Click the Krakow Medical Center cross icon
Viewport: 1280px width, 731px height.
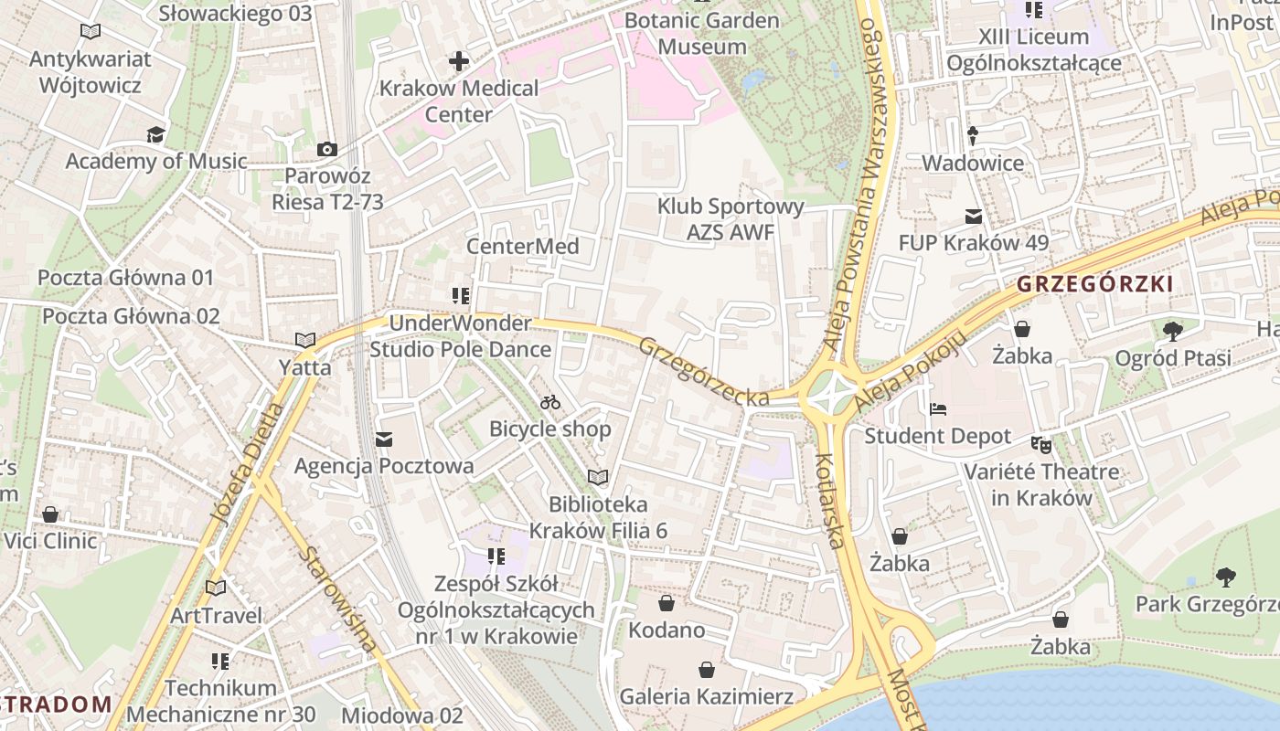pos(459,61)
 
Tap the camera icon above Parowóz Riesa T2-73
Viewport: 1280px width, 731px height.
pos(326,149)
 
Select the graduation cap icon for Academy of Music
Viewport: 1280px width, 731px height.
pos(155,135)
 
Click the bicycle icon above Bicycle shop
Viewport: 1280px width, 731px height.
pos(550,402)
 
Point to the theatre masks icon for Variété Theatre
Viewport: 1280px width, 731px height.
pos(1041,445)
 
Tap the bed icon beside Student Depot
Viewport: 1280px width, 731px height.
pos(938,409)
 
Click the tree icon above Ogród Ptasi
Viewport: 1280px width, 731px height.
pos(1173,331)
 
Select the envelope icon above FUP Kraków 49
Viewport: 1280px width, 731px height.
pos(973,217)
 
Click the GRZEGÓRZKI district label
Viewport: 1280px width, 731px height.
pos(1094,284)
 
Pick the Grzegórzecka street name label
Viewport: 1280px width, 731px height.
pos(703,372)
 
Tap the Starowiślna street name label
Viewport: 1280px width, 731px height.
pos(337,599)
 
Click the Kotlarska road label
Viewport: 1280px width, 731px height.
pos(829,501)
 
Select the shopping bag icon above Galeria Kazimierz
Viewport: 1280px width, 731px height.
pos(706,670)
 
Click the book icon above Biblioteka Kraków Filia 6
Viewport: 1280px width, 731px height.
pos(598,477)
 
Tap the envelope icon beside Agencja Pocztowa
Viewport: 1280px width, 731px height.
pos(384,440)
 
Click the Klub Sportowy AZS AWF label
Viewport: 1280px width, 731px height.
pos(731,219)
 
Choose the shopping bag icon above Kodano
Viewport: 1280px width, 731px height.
pos(667,603)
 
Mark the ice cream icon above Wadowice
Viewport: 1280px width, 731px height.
pos(972,136)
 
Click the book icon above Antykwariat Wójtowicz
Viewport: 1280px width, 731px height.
pos(91,32)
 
